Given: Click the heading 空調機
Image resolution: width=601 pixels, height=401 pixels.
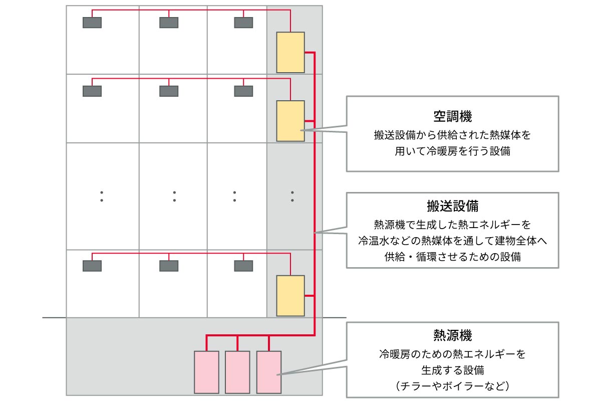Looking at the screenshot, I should click(452, 117).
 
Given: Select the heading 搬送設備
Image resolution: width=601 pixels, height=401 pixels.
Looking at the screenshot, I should click(452, 206).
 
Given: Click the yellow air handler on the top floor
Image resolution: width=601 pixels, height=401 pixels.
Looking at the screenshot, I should click(290, 52).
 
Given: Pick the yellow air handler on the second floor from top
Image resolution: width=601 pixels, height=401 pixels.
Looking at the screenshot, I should click(290, 121).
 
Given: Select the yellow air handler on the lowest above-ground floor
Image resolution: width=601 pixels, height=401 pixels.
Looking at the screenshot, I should click(290, 296).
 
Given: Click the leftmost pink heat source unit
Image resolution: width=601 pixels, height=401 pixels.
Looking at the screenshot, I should click(206, 372).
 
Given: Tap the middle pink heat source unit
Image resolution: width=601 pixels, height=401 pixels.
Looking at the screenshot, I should click(237, 372).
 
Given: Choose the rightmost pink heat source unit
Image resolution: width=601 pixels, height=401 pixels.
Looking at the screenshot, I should click(269, 372).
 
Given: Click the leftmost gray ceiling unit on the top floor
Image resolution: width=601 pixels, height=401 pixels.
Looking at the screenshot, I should click(92, 23).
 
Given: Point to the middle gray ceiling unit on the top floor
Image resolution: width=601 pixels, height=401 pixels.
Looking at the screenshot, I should click(169, 23).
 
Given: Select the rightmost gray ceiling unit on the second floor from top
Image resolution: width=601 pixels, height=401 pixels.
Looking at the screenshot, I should click(244, 91).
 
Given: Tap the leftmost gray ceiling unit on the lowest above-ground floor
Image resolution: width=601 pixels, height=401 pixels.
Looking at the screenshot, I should click(92, 266).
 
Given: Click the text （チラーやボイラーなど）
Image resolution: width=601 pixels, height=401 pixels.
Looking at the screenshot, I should click(452, 386).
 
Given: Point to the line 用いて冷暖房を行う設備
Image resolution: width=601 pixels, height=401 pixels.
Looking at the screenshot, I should click(452, 151).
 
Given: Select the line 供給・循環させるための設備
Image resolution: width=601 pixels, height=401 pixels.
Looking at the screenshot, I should click(452, 257).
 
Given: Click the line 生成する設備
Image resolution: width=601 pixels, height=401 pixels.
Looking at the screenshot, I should click(452, 370).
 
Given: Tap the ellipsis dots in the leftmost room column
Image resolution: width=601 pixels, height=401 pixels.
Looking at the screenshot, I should click(102, 196).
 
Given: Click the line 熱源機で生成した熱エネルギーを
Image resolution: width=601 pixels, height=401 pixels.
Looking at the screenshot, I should click(452, 223).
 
